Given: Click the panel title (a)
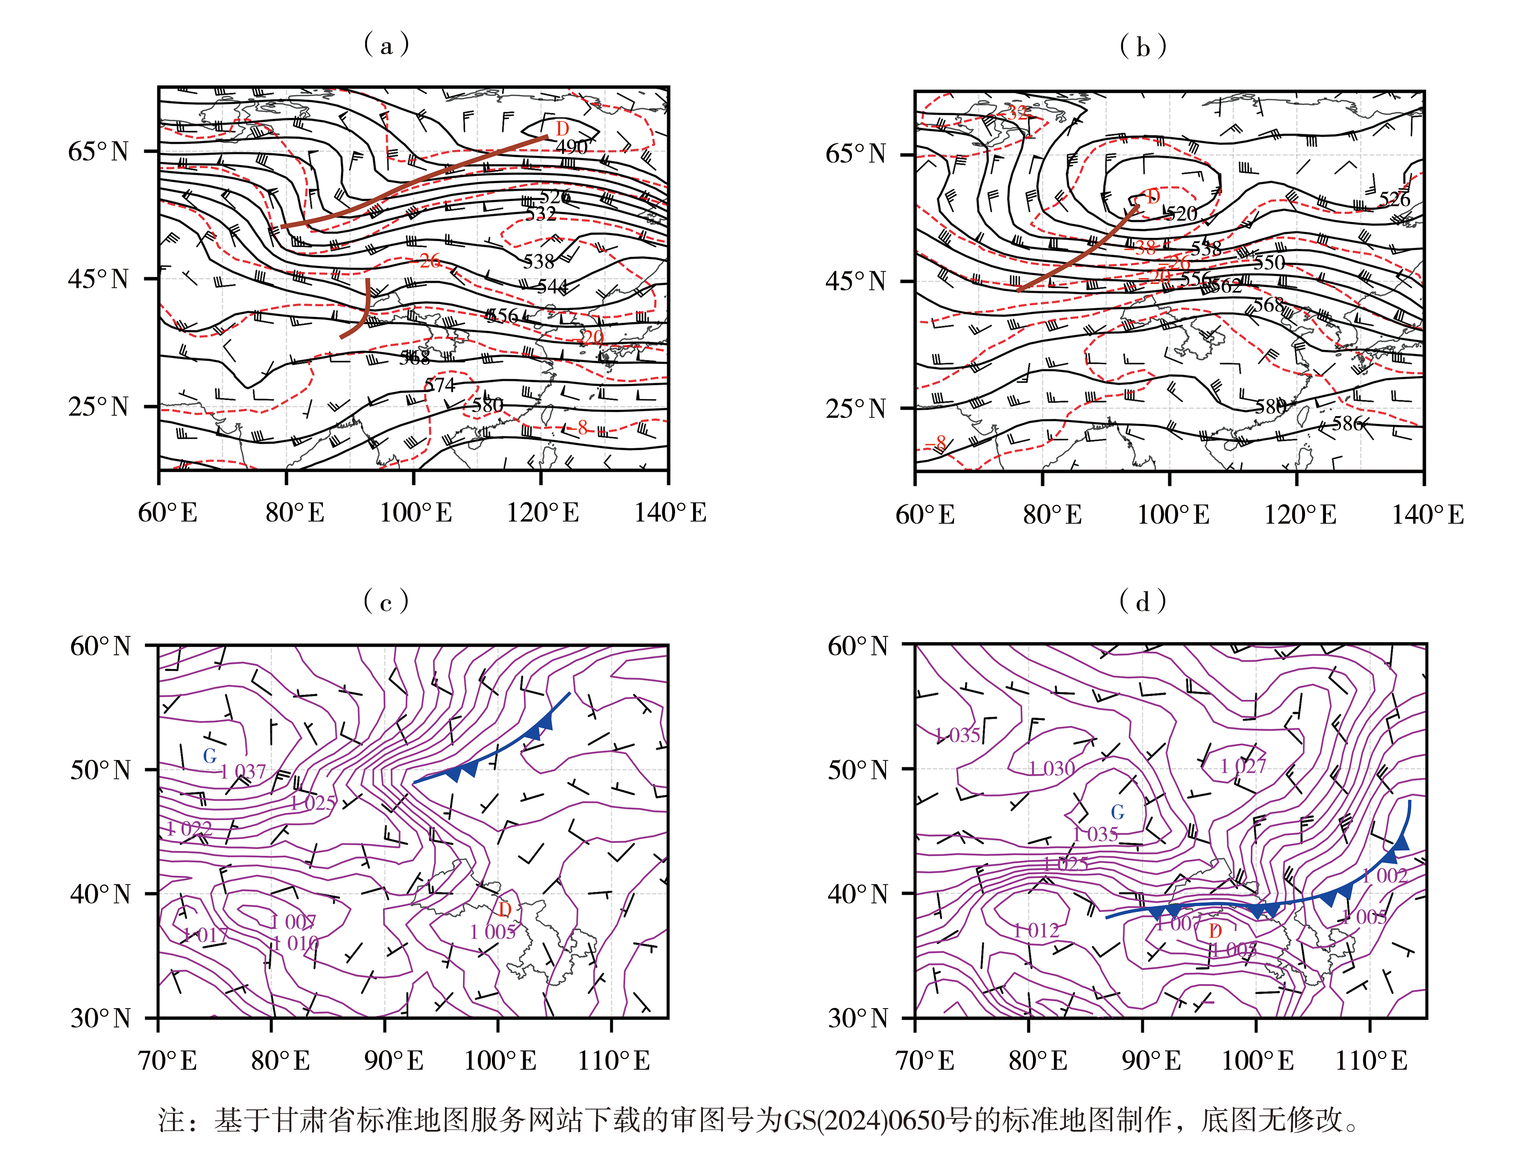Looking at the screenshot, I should coord(386,45).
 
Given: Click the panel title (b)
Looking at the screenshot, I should coord(1143,47).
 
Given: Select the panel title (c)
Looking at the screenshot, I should coord(386,601).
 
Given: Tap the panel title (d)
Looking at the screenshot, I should coord(1143,601).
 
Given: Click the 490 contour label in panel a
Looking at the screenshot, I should coord(571,147).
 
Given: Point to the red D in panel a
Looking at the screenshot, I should coord(562,129).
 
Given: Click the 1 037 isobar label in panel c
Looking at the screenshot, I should coord(243,772).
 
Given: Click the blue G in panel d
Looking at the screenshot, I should coord(1118,813).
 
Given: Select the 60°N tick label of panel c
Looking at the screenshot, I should coord(101,646).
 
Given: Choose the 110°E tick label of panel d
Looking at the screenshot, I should coord(1371,1061).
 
